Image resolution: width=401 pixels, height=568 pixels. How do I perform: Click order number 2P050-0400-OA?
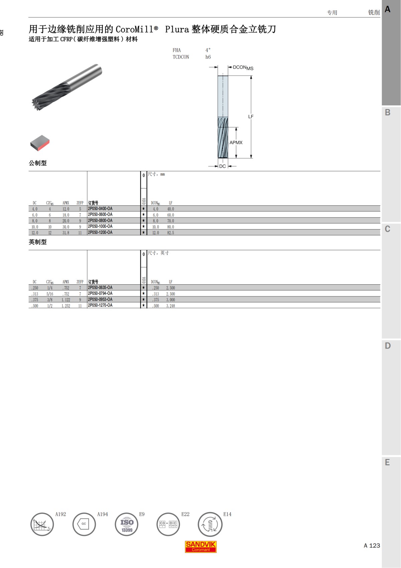coord(100,209)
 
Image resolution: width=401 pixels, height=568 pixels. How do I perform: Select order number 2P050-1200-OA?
coord(100,232)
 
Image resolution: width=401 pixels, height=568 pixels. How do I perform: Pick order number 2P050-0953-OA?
coord(100,299)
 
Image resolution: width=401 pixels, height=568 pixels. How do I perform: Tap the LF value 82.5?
coord(170,233)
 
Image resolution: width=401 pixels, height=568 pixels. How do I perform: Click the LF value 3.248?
coord(170,306)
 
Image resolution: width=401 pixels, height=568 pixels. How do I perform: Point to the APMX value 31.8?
coord(66,233)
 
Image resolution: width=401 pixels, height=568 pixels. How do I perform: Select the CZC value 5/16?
coord(50,294)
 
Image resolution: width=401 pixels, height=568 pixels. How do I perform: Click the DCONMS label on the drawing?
coord(243,68)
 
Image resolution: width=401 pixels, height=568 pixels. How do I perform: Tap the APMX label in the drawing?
coord(236,143)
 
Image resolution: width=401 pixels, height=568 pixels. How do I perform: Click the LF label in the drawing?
coord(251,117)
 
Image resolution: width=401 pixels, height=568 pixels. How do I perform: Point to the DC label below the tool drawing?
coord(223,166)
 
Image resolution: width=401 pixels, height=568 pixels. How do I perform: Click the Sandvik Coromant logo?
coord(201,547)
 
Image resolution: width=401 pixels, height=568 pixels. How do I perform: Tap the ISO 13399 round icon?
coord(127,525)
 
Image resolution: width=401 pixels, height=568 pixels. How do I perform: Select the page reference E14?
coord(227,514)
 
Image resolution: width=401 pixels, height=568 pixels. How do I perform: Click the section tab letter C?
coord(388,229)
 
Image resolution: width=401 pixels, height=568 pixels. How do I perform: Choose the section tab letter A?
coord(388,9)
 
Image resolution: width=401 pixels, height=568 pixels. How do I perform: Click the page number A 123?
coord(372,546)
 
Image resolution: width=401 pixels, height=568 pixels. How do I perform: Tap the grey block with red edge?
coord(40,143)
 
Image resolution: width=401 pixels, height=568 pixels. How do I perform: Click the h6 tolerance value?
coord(208,57)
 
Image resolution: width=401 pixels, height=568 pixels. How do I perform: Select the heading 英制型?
coord(38,242)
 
